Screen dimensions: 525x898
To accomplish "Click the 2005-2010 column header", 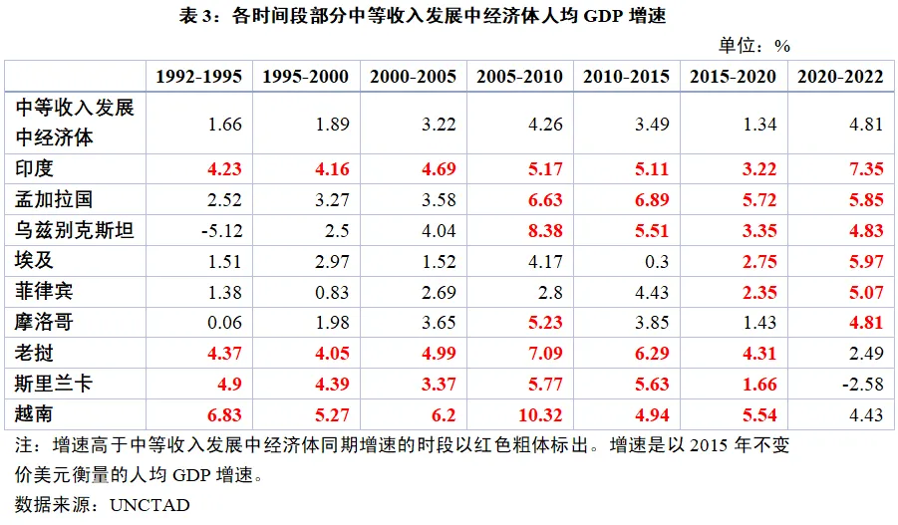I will click(519, 77).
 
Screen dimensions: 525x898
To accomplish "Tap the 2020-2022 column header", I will click(838, 77).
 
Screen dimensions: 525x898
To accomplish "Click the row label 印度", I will click(37, 168).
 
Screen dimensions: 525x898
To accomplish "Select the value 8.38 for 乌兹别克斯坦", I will click(519, 231).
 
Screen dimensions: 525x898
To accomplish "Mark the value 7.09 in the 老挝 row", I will click(519, 354).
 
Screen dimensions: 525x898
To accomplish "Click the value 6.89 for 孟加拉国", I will click(626, 200).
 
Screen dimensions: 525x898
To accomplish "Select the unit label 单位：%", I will click(753, 44).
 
